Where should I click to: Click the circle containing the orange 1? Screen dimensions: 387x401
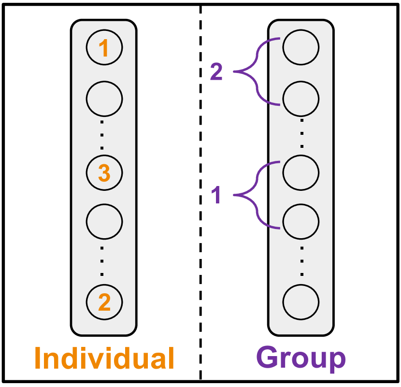[104, 48]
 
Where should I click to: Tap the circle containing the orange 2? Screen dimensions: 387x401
[104, 302]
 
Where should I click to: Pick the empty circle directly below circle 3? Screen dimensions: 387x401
[104, 221]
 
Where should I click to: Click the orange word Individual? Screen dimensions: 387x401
[104, 358]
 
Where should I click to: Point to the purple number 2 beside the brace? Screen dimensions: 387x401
[216, 72]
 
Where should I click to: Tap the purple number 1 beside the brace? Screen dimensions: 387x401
[216, 196]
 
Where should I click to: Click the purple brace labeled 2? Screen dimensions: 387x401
[256, 72]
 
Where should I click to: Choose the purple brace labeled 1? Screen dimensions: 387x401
[256, 195]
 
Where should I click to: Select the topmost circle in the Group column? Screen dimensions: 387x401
[301, 48]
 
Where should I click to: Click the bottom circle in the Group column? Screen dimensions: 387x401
[301, 302]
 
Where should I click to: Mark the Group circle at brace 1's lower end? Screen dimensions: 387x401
[301, 221]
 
